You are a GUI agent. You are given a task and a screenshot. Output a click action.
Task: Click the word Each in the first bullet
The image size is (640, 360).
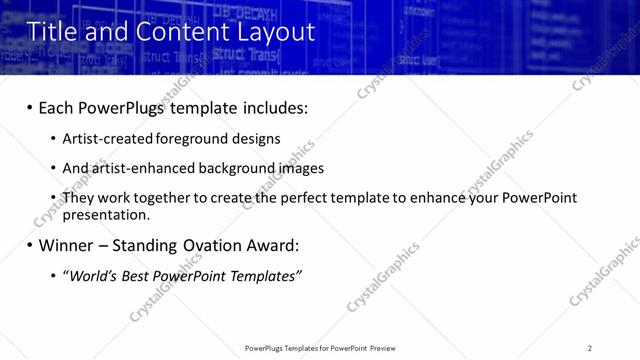pos(57,107)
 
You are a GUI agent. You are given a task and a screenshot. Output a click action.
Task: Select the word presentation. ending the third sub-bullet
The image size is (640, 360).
pos(106,214)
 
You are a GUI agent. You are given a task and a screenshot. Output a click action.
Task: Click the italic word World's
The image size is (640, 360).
pos(90,276)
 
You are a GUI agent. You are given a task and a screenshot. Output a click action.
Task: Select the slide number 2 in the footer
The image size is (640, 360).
pos(590,348)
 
